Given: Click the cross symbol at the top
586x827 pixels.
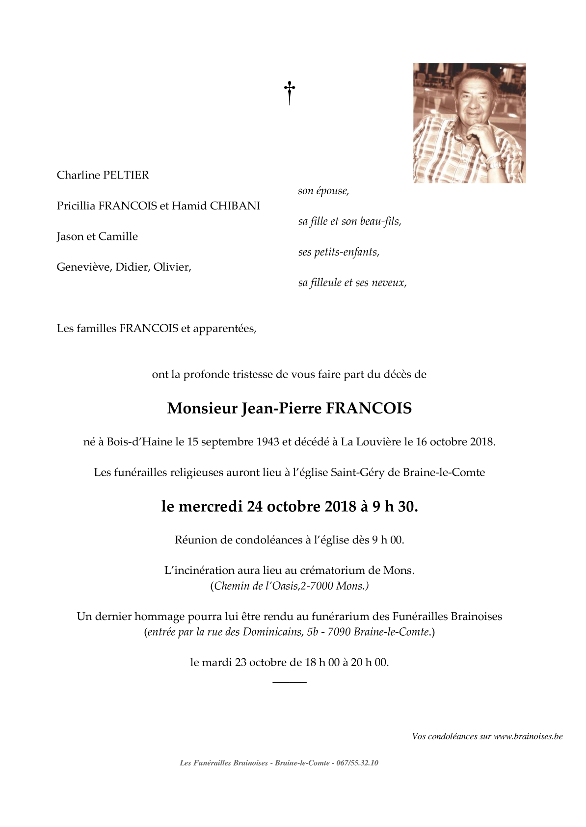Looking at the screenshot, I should (290, 92).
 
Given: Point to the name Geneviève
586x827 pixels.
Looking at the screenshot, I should (84, 267).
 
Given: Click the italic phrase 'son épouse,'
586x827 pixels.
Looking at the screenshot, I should (323, 191).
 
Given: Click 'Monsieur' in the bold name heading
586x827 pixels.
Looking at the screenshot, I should (202, 408).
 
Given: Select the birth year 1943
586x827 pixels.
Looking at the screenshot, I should (268, 441).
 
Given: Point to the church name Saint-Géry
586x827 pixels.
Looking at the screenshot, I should (357, 472).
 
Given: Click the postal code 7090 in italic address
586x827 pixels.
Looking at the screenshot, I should (339, 632).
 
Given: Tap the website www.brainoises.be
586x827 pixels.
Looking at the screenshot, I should (528, 736).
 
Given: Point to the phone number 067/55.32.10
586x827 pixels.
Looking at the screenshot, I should (357, 763).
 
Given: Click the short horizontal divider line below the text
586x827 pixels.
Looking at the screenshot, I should (289, 682).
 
